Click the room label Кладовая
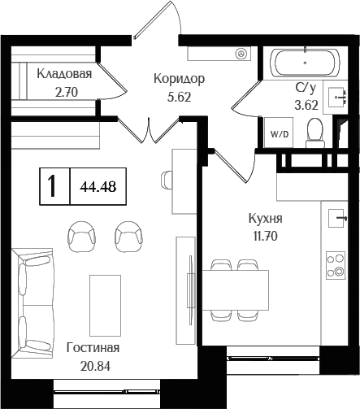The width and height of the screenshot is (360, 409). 63,73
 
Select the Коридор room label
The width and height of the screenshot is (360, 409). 179,79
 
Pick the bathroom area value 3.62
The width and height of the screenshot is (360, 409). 306,103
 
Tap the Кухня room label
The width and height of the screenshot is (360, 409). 266,219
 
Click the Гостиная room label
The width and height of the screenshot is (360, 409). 93,348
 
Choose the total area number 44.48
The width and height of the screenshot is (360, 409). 97,185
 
